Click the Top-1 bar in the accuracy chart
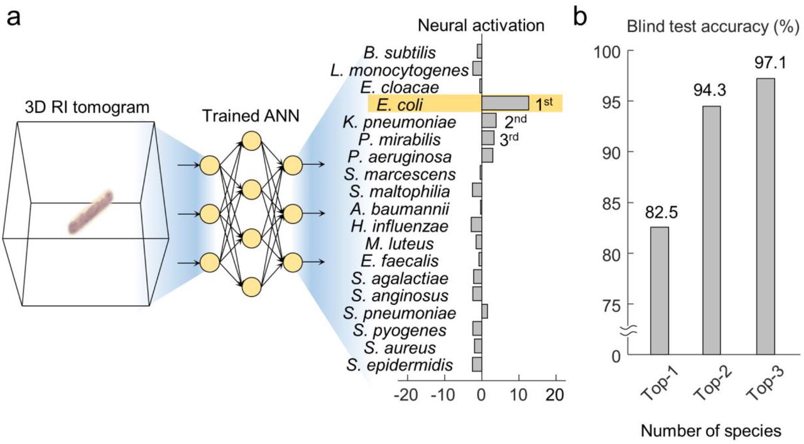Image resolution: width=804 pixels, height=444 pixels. [660, 291]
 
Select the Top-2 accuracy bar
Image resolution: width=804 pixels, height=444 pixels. [712, 230]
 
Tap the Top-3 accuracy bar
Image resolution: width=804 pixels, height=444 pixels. [765, 216]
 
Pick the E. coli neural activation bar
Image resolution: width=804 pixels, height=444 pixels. [505, 103]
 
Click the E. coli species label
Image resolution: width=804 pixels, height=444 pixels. [400, 104]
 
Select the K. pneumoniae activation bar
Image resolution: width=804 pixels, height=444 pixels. [489, 120]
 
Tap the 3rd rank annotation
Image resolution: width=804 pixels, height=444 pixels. [509, 140]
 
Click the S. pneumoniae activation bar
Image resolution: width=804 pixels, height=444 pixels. [484, 311]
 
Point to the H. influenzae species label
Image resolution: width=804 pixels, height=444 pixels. [399, 226]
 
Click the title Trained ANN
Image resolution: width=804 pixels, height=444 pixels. [251, 116]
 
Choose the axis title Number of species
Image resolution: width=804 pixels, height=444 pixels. [711, 431]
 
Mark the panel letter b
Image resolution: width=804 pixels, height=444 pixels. [580, 17]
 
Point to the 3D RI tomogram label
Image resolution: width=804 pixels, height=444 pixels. [87, 108]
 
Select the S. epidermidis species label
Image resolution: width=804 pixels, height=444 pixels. [399, 365]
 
